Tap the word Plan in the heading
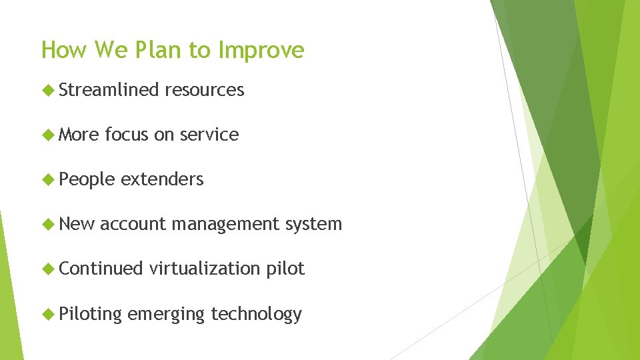pos(157,50)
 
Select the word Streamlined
pos(109,90)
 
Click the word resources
pos(205,90)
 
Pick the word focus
pos(127,135)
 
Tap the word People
pos(87,179)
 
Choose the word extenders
pos(162,179)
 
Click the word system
pos(313,225)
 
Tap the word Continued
pos(101,269)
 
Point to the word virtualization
pos(205,269)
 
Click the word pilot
pos(285,269)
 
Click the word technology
pos(256,314)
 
